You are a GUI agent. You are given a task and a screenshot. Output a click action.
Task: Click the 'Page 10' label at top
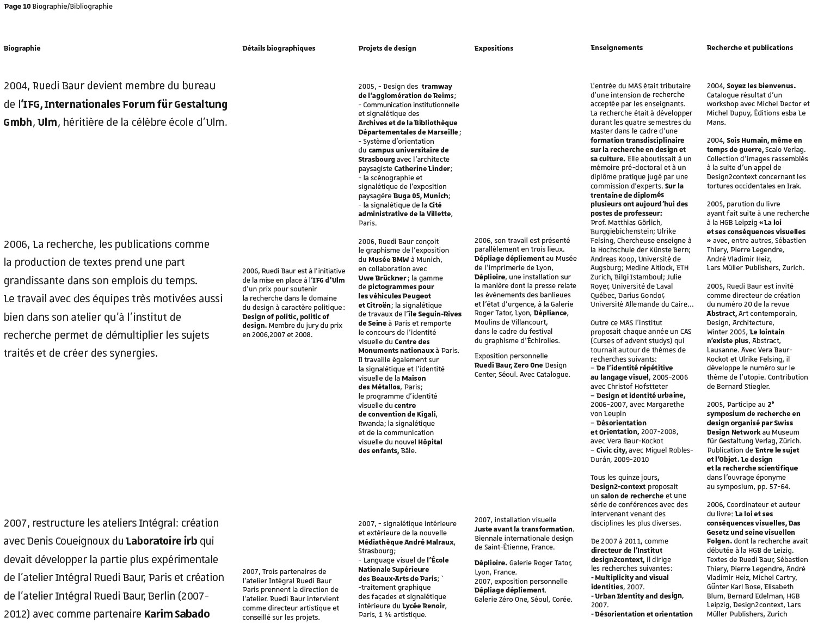point(17,7)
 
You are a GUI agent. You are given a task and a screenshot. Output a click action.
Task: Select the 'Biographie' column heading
point(22,48)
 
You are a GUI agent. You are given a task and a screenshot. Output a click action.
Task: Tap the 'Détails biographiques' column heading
point(279,48)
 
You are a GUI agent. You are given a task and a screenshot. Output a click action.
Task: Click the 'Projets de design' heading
point(387,48)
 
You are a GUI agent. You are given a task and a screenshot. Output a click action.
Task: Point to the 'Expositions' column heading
point(494,48)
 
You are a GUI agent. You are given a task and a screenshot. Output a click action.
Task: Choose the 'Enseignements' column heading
point(617,47)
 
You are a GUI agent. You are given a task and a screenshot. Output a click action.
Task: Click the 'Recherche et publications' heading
point(749,47)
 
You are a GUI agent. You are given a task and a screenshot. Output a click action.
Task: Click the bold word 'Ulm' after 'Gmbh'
point(47,122)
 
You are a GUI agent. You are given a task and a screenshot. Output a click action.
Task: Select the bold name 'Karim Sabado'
point(177,614)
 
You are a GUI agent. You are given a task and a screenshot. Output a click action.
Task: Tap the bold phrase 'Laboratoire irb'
point(161,541)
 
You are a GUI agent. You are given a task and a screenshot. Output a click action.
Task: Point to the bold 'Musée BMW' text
point(389,260)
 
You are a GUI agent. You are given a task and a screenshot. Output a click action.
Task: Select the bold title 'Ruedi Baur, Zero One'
point(508,365)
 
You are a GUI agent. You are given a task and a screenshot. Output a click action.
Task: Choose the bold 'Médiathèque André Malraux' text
point(405,542)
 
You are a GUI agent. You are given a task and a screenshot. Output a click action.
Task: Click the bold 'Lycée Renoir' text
point(424,606)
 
